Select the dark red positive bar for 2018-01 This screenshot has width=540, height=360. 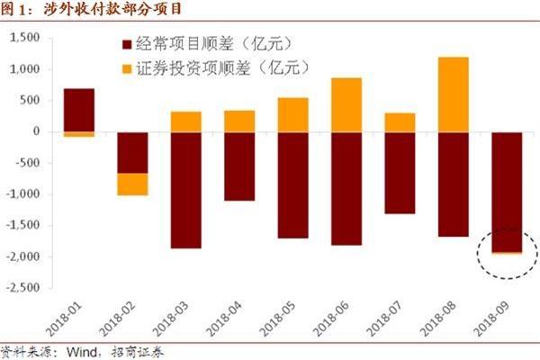pyautogui.click(x=79, y=109)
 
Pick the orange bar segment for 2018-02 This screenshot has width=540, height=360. pyautogui.click(x=133, y=184)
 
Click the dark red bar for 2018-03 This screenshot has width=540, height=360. pyautogui.click(x=186, y=190)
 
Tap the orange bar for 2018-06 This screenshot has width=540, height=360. pyautogui.click(x=346, y=104)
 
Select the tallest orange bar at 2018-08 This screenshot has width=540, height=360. pyautogui.click(x=453, y=94)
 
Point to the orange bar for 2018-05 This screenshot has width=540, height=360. pyautogui.click(x=292, y=114)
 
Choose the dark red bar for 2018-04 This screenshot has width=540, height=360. pyautogui.click(x=239, y=166)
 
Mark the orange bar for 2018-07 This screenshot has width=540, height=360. pyautogui.click(x=400, y=122)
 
